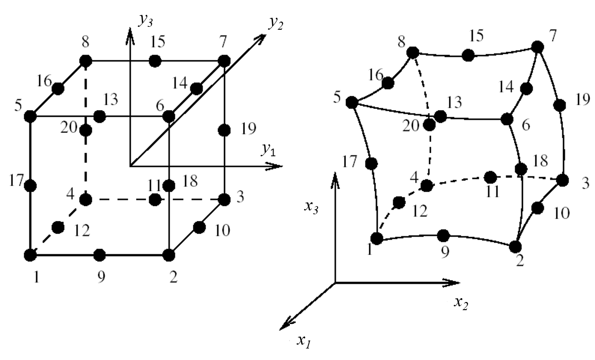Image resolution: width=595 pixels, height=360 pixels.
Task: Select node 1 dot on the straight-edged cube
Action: (x=30, y=255)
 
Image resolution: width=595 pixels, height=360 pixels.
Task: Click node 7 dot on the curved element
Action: (x=538, y=47)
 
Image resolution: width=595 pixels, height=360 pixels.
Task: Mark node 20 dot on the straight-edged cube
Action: (x=86, y=130)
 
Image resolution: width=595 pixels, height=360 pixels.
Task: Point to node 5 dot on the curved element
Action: (x=352, y=102)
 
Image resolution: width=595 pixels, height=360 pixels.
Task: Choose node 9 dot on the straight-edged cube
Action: (x=99, y=255)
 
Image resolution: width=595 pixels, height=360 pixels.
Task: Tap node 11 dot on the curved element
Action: (x=490, y=177)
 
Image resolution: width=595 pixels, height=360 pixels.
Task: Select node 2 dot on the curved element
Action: (x=515, y=246)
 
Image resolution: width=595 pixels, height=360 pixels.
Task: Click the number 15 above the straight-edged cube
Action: (x=157, y=42)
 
